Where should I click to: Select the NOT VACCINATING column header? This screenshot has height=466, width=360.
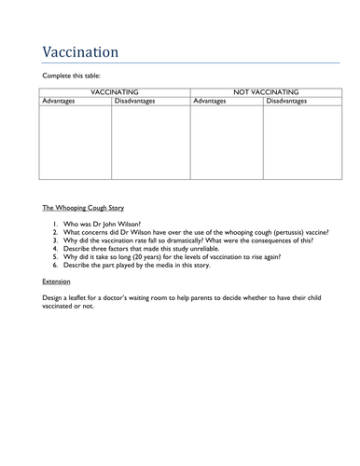(264, 92)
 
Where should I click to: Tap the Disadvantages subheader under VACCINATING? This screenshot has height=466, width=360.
(138, 101)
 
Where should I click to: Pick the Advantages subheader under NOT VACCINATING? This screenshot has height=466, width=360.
(209, 101)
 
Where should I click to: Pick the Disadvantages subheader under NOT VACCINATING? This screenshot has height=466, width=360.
(289, 101)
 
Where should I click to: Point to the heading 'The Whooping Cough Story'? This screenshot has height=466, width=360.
(83, 207)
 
